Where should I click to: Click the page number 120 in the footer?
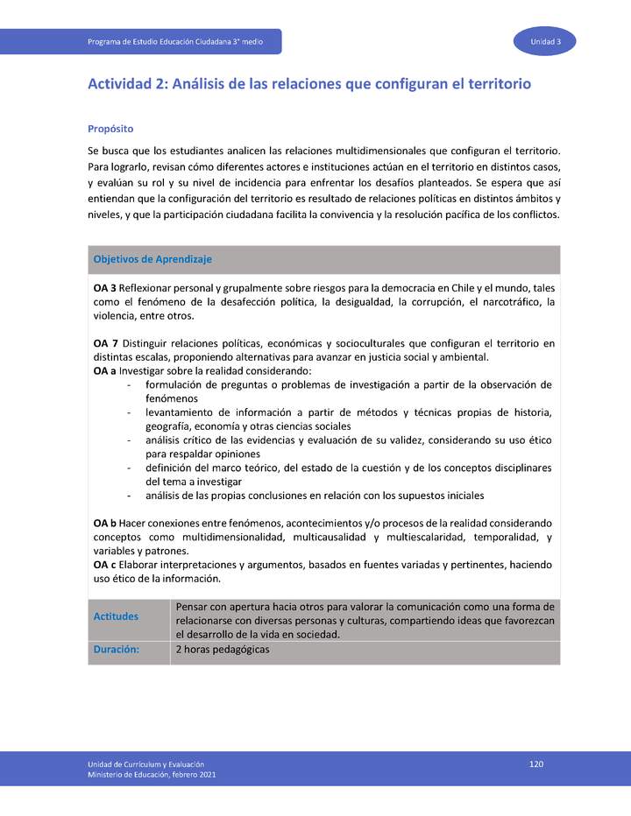pyautogui.click(x=536, y=764)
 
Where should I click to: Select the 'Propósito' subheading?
pyautogui.click(x=110, y=128)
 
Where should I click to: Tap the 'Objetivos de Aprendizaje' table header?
pyautogui.click(x=152, y=259)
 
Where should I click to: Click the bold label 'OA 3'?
pyautogui.click(x=105, y=287)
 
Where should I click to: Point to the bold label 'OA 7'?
pyautogui.click(x=105, y=343)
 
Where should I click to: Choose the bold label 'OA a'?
pyautogui.click(x=104, y=371)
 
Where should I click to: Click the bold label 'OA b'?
pyautogui.click(x=105, y=523)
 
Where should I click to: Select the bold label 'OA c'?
pyautogui.click(x=104, y=565)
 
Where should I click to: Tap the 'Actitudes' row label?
pyautogui.click(x=116, y=616)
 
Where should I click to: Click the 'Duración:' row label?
pyautogui.click(x=117, y=650)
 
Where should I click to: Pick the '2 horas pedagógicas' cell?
pyautogui.click(x=223, y=650)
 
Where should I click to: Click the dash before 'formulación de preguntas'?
pyautogui.click(x=130, y=385)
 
